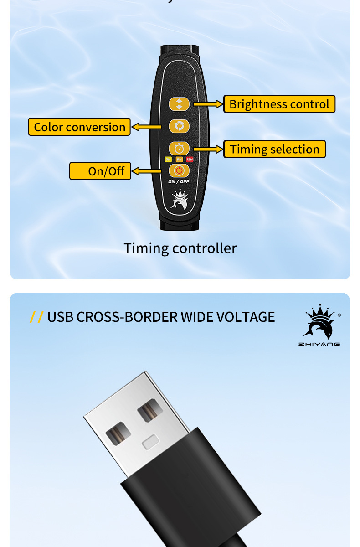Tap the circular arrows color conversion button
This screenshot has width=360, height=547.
pos(179,126)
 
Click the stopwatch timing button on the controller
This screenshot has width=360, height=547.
pos(179,148)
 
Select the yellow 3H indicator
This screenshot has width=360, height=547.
pos(168,159)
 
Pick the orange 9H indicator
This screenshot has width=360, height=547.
pos(179,159)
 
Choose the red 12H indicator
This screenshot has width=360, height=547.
pos(190,159)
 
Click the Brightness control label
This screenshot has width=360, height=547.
pos(279,104)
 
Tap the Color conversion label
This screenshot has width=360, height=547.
pos(79,127)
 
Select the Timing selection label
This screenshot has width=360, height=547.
pos(274,149)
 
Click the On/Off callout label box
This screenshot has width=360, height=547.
pos(100,171)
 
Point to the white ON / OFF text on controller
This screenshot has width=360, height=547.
pos(179,181)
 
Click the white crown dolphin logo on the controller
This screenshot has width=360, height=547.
pos(179,201)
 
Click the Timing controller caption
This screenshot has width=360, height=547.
pos(180,248)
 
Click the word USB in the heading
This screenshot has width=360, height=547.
pos(60,317)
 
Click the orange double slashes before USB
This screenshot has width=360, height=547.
pos(36,317)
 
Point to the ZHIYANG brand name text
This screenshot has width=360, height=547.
pos(319,344)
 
